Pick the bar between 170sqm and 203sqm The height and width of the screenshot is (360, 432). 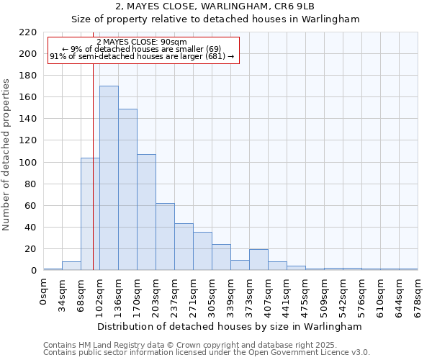click(x=146, y=212)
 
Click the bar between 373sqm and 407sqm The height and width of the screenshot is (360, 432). click(x=258, y=260)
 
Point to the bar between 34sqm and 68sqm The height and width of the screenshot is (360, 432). click(x=71, y=266)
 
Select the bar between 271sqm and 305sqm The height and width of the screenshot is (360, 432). click(x=202, y=251)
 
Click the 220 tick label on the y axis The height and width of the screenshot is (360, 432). click(x=28, y=32)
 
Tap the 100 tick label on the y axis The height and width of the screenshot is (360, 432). click(x=28, y=163)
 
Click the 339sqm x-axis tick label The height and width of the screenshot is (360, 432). click(x=231, y=294)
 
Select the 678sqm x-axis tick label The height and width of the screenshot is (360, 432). click(x=418, y=294)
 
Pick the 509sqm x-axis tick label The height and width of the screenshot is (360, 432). click(x=325, y=294)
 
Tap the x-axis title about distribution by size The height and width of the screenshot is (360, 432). click(x=230, y=327)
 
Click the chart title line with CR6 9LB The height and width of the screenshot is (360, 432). click(x=215, y=6)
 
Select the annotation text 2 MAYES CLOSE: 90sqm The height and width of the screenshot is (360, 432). click(x=142, y=42)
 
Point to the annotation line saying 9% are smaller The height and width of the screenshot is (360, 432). click(x=142, y=49)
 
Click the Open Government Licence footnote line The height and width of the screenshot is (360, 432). click(x=207, y=353)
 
